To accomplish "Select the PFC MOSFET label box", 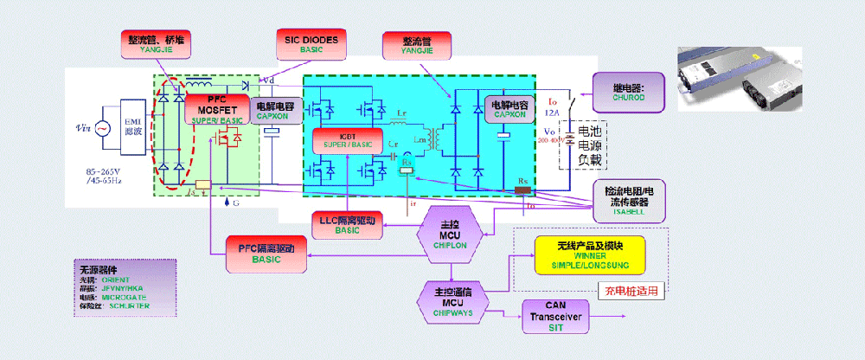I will point(217,109).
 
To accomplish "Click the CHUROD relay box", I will point(628,91).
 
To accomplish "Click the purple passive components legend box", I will point(125,286).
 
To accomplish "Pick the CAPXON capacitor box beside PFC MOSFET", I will point(274,111).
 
